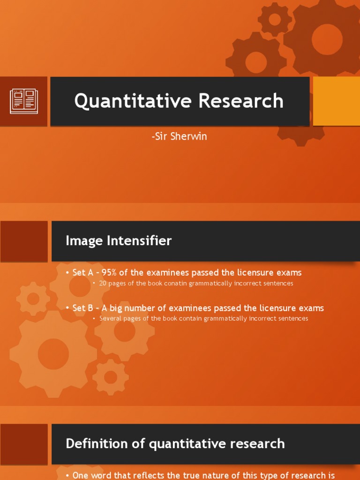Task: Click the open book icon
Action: [x=24, y=101]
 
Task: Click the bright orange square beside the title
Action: [x=336, y=101]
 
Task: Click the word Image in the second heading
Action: [x=85, y=241]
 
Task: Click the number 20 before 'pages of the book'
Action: [x=103, y=284]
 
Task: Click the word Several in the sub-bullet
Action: [x=110, y=319]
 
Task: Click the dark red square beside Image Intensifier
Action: [x=24, y=241]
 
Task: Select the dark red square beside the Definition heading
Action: [x=24, y=444]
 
